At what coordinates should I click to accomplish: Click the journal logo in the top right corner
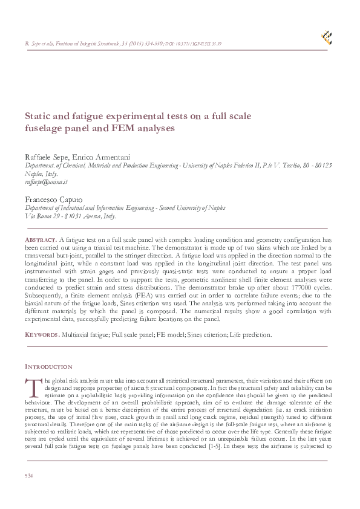pyautogui.click(x=326, y=37)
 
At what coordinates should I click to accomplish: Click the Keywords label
pyautogui.click(x=42, y=334)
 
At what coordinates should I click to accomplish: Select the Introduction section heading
pyautogui.click(x=48, y=366)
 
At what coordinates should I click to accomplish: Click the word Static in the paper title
pyautogui.click(x=38, y=116)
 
